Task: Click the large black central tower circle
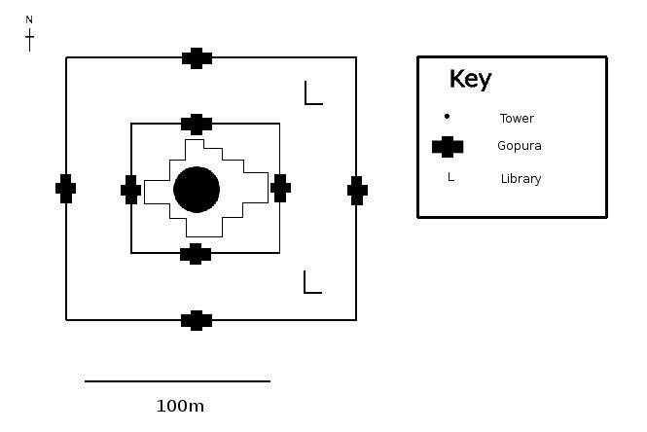pyautogui.click(x=197, y=190)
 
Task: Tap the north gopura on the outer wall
pyautogui.click(x=197, y=58)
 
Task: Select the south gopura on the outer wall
pyautogui.click(x=197, y=321)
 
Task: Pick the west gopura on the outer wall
pyautogui.click(x=65, y=189)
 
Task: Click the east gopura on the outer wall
pyautogui.click(x=357, y=190)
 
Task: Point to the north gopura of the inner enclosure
pyautogui.click(x=197, y=125)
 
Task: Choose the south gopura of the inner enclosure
pyautogui.click(x=196, y=254)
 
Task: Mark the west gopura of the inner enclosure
pyautogui.click(x=130, y=190)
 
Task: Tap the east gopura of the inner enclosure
pyautogui.click(x=280, y=188)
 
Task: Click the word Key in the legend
pyautogui.click(x=470, y=79)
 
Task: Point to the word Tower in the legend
pyautogui.click(x=517, y=119)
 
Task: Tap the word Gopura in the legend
pyautogui.click(x=520, y=146)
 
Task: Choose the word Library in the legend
pyautogui.click(x=521, y=179)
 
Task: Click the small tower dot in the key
pyautogui.click(x=447, y=117)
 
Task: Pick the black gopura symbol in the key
pyautogui.click(x=448, y=147)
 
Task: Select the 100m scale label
pyautogui.click(x=180, y=406)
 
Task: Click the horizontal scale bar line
pyautogui.click(x=177, y=381)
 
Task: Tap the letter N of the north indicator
pyautogui.click(x=29, y=19)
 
